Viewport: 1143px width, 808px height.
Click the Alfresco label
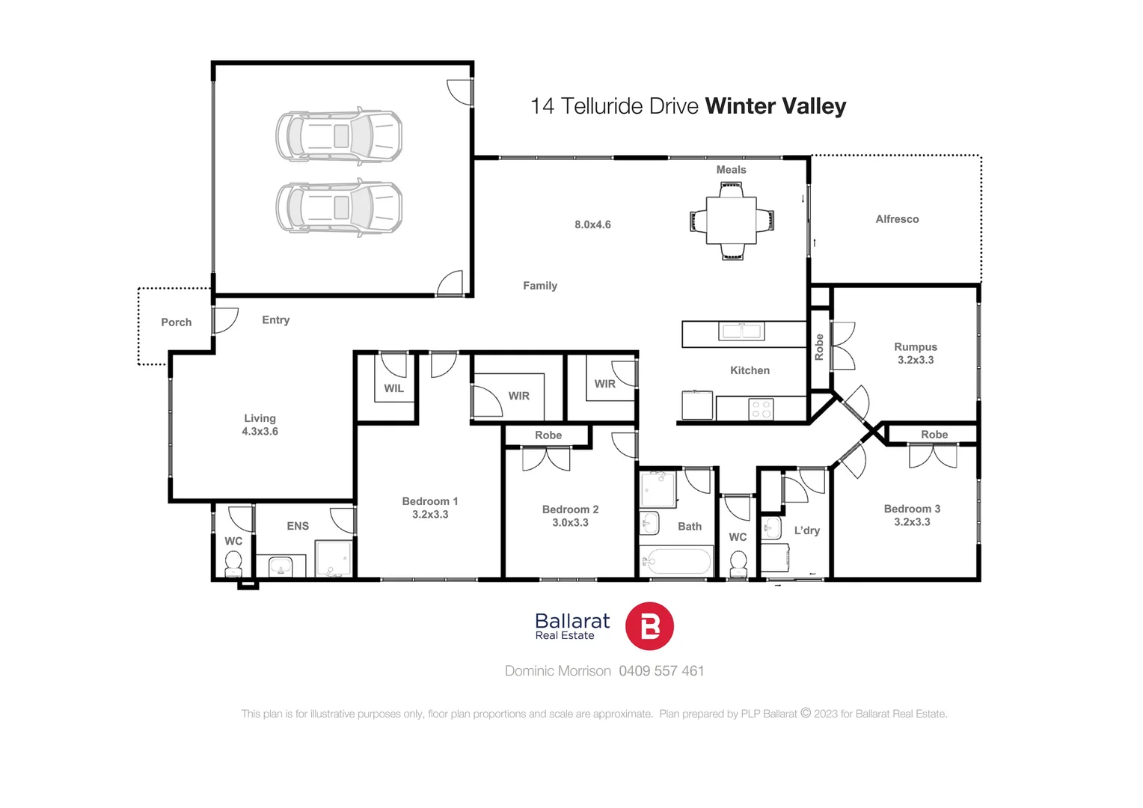(x=897, y=219)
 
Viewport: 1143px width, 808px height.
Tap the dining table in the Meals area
(x=732, y=221)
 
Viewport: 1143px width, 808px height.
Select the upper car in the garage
(x=339, y=136)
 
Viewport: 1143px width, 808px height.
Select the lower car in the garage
(x=339, y=208)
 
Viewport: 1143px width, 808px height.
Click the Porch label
(x=177, y=322)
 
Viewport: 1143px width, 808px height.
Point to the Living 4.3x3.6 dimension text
(x=260, y=432)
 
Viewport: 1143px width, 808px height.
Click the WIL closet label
(x=393, y=388)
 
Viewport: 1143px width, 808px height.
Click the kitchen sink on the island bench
(x=741, y=331)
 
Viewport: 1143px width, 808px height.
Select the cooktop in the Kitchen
(x=761, y=408)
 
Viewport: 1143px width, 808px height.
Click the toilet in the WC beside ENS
(x=233, y=563)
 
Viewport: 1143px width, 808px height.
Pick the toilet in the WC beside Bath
(x=738, y=563)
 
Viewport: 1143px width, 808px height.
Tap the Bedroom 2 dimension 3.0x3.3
(x=570, y=523)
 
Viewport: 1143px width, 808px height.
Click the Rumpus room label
(x=916, y=347)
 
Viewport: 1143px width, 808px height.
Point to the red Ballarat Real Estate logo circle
(x=649, y=626)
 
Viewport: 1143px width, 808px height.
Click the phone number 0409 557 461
(x=661, y=671)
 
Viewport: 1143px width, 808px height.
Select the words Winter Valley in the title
(x=775, y=106)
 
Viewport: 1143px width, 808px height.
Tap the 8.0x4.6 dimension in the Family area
(x=592, y=224)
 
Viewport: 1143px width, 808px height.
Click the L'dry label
(x=807, y=530)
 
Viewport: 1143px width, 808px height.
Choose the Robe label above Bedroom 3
(x=934, y=435)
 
